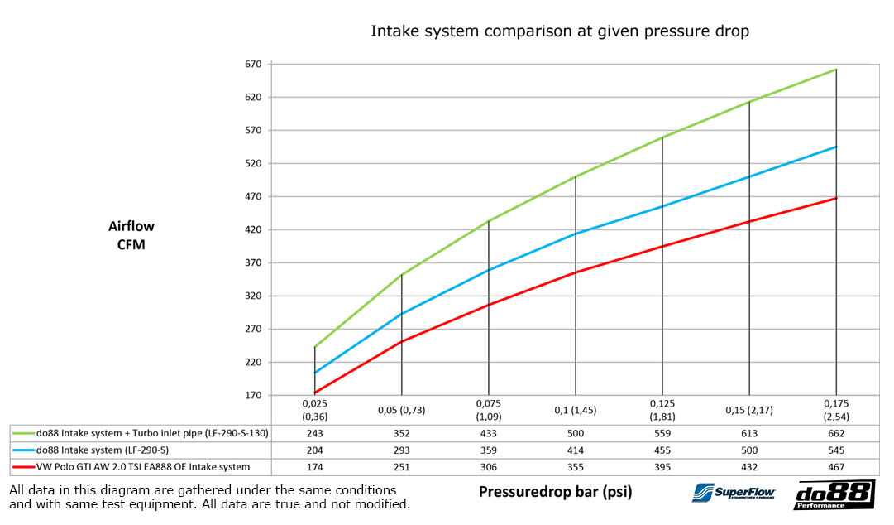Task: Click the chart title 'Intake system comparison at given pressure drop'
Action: pos(560,31)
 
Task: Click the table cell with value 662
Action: pos(836,433)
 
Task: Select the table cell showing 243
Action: pos(314,433)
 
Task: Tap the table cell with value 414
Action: pos(575,450)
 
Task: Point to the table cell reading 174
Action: pos(314,466)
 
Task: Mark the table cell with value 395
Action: pos(662,466)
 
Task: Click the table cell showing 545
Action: pos(836,450)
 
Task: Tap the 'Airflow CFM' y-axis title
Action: pos(131,234)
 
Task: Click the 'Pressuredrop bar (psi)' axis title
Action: pos(555,492)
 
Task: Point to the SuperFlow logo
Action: pos(733,492)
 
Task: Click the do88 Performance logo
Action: pos(834,494)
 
